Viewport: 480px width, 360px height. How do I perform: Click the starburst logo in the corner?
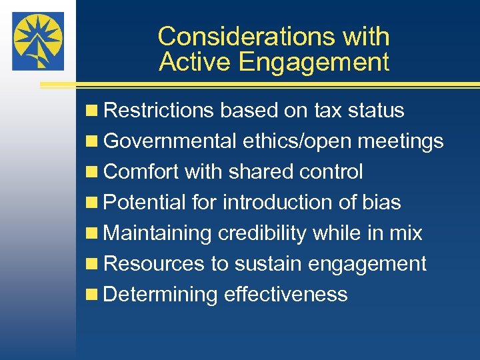click(x=38, y=41)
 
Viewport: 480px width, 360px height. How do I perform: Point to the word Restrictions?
click(x=159, y=111)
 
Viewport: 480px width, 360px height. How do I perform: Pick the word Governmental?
click(x=170, y=141)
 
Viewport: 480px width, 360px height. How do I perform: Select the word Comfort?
click(x=142, y=172)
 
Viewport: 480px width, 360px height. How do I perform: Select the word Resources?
click(x=155, y=264)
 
